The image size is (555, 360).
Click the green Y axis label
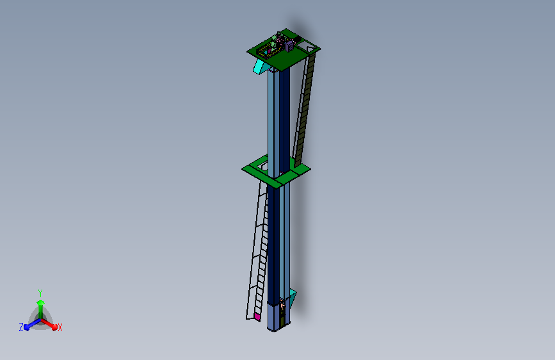point(40,293)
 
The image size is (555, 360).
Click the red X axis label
point(60,327)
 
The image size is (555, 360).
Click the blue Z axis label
point(21,327)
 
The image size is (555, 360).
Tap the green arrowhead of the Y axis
point(41,302)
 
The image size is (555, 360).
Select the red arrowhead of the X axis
point(54,327)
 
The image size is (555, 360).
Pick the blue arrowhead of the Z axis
point(27,327)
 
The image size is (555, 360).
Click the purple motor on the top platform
point(289,46)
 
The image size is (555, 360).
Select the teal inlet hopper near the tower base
point(293,297)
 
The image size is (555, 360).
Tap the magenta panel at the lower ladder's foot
point(257,317)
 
